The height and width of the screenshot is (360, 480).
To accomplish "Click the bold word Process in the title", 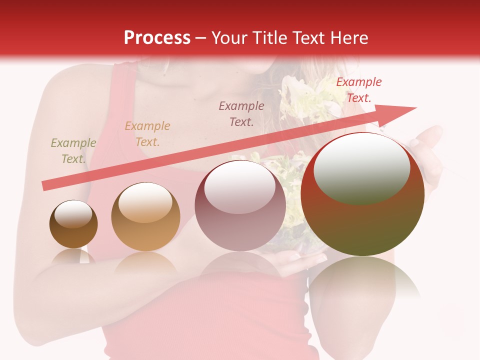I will pos(157,38).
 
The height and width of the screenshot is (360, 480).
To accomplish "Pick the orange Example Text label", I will pos(147,134).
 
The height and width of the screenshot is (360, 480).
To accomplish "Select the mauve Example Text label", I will pos(241,113).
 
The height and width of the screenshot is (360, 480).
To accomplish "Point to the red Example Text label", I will pos(358,90).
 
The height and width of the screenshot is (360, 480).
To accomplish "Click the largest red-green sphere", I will pos(362,220).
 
